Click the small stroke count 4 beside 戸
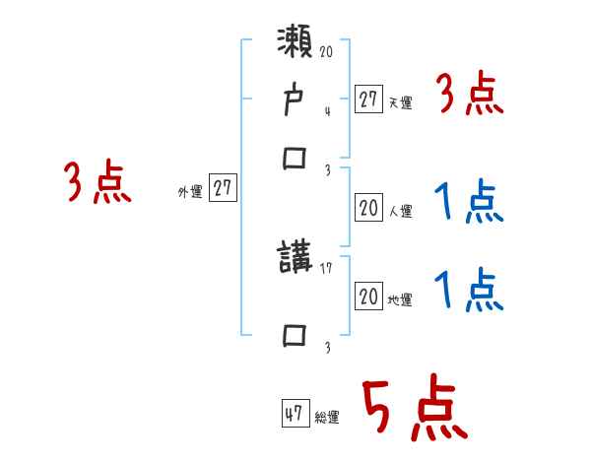pyautogui.click(x=327, y=111)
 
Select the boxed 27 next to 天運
pyautogui.click(x=368, y=99)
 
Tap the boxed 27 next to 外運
pyautogui.click(x=224, y=189)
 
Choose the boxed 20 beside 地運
pyautogui.click(x=368, y=297)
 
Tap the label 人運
pyautogui.click(x=400, y=211)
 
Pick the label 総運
pyautogui.click(x=327, y=418)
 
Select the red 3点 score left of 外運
pyautogui.click(x=98, y=183)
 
